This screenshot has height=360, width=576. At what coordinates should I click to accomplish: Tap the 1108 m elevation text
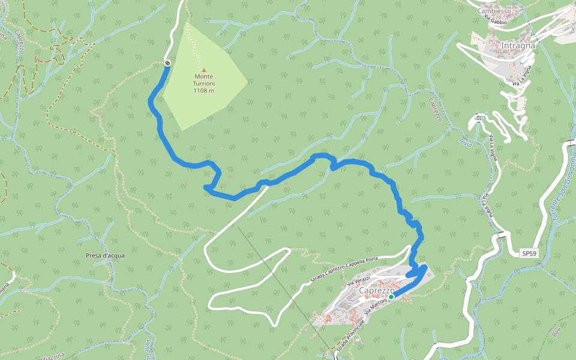click(x=203, y=91)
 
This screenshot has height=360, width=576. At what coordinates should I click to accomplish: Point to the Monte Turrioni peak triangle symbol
click(x=203, y=70)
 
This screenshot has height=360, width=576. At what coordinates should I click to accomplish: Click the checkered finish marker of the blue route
click(x=167, y=63)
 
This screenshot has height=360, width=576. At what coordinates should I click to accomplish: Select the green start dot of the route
click(x=391, y=296)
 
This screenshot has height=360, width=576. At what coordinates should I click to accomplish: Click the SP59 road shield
click(x=529, y=254)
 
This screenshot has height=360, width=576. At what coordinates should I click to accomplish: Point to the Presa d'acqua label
click(x=105, y=256)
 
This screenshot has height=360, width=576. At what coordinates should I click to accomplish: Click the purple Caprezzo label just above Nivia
click(x=435, y=110)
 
